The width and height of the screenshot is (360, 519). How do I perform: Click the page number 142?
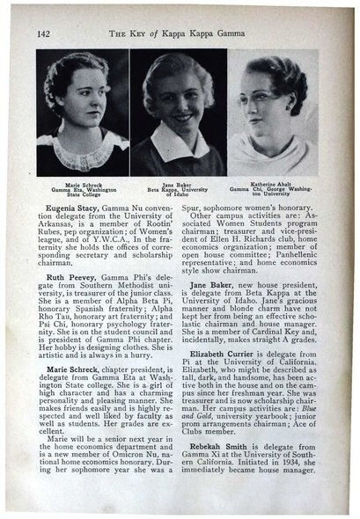44,33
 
